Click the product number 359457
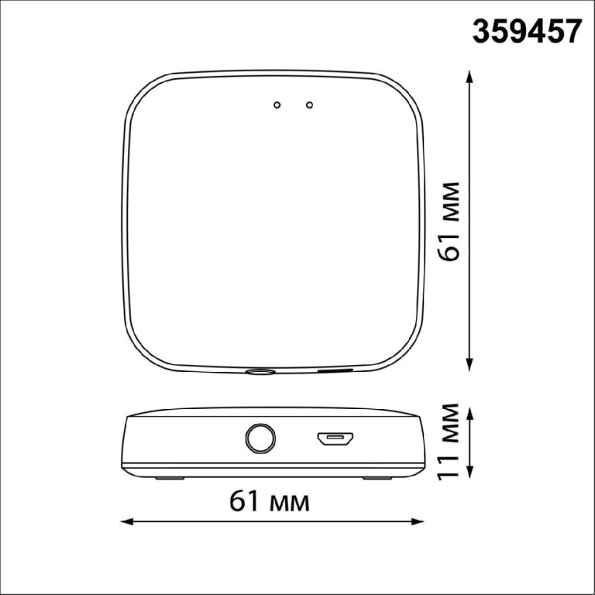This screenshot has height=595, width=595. coord(527,32)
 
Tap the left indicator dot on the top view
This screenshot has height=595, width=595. coord(277,105)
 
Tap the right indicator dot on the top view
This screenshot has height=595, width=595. coord(310,105)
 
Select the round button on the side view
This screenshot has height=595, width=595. coord(260,439)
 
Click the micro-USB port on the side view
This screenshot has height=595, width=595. coord(335,439)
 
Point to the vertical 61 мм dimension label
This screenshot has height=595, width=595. coord(448,222)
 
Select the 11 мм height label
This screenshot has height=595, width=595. coord(448,442)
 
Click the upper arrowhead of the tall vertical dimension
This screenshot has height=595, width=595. coord(469,76)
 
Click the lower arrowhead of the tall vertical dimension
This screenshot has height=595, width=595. coord(469,365)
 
